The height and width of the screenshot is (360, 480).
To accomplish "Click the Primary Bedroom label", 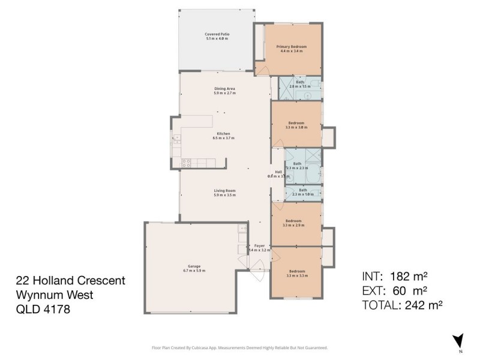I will coord(292,49).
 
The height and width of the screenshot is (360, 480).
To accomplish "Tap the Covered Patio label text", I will coord(217,36).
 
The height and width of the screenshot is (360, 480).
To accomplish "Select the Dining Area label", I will coord(224,91).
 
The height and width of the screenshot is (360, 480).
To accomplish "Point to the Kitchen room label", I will coord(224,136).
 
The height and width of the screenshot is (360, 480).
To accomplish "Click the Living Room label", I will coord(224,193).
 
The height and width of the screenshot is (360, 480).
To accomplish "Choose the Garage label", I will coord(193,268).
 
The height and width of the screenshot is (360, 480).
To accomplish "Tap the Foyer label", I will coord(259,248).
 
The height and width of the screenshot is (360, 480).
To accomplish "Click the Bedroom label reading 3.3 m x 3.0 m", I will coord(296,125).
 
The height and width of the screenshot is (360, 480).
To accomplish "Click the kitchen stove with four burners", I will coord(187,161).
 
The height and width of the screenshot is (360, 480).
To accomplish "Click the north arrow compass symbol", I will coord(458,341).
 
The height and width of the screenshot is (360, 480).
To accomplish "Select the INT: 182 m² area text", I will coord(395,277).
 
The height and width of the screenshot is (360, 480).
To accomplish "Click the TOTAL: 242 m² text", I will coord(402,305).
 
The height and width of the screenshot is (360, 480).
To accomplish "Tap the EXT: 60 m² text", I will coord(395,291).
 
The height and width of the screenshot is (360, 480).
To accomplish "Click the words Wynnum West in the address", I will coord(55,295).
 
